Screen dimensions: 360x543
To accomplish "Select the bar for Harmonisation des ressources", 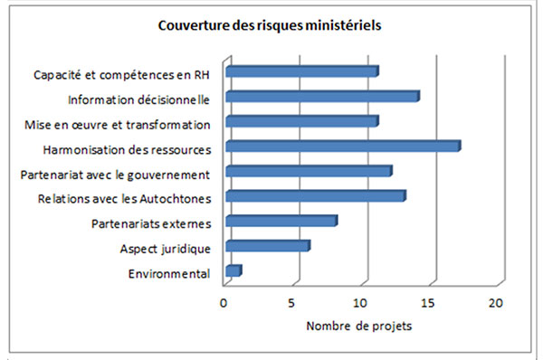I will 342,146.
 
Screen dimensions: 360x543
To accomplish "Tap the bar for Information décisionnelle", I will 321,96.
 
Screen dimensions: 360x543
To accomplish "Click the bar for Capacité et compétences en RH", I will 301,71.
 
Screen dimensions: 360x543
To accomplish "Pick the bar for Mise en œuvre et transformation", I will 301,121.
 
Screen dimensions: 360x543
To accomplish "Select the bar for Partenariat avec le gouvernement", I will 308,171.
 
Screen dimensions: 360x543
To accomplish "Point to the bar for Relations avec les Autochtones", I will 315,195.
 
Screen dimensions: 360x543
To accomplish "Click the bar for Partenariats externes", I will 281,221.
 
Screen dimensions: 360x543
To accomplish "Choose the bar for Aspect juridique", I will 267,245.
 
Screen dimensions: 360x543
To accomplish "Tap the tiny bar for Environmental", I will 233,270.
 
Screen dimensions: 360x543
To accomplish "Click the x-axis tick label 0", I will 224,304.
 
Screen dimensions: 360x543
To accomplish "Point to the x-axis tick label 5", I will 292,304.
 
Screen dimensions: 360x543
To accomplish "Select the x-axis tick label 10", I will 360,304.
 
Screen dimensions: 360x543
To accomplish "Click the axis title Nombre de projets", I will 359,326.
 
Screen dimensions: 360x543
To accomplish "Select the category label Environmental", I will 169,273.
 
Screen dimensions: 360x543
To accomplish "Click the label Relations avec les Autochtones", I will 125,198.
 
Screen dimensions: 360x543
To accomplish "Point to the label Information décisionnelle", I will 139,99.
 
